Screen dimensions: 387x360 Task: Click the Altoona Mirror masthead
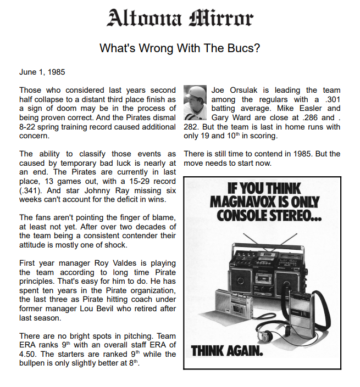(x=180, y=18)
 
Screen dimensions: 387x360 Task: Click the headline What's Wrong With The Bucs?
(x=180, y=48)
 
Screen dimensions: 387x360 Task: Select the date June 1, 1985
(x=42, y=72)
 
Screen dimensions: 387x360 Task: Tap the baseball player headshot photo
(x=195, y=103)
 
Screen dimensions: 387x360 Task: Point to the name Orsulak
(x=246, y=90)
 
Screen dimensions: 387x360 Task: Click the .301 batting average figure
(x=330, y=99)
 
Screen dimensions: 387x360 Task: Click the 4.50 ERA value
(x=29, y=354)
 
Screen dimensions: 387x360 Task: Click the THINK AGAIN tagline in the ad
(x=227, y=350)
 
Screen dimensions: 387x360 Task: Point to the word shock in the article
(x=116, y=245)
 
